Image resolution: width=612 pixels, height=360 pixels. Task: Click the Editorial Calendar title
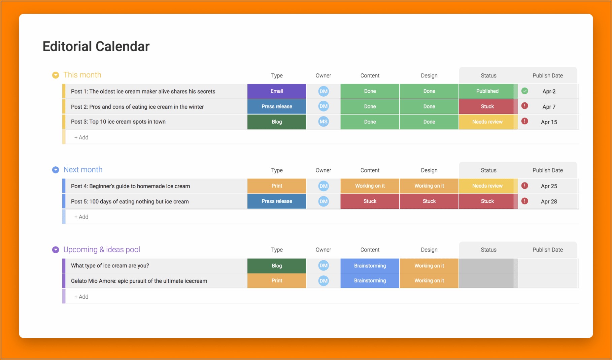point(96,46)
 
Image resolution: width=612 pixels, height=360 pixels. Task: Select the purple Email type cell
point(277,91)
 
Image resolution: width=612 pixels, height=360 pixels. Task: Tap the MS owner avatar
point(324,122)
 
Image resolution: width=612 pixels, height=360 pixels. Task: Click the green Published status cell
point(487,91)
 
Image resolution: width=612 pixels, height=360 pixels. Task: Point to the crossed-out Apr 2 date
point(549,92)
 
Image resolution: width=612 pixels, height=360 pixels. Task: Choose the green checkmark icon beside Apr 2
point(524,91)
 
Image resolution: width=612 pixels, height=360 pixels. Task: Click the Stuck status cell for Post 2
point(487,106)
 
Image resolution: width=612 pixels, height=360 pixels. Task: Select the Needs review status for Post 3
point(487,122)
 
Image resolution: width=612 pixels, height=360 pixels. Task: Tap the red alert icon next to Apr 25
point(524,186)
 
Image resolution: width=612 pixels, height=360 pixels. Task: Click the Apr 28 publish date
point(549,202)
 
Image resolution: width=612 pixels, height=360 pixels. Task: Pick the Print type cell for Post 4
point(277,186)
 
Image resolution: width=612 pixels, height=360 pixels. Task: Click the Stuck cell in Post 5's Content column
point(370,201)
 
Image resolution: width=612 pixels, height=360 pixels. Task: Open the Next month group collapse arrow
point(56,170)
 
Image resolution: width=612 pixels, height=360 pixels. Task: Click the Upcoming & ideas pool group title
point(102,250)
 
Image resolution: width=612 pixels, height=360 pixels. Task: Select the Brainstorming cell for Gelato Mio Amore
point(370,281)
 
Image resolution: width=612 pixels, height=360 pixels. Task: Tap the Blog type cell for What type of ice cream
point(277,266)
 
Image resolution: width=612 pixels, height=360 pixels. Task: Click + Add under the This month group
point(81,137)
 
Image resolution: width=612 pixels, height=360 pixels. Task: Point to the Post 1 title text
point(143,92)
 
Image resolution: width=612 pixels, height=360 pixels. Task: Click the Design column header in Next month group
point(429,170)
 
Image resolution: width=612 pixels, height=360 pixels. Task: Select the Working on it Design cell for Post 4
point(429,186)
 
